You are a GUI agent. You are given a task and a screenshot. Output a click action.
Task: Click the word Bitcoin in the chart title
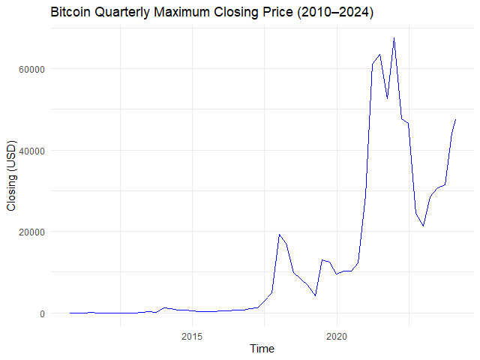tap(70, 13)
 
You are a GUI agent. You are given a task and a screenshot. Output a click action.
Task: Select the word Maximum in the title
tap(184, 13)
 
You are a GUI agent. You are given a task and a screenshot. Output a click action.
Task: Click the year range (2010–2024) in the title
tap(336, 13)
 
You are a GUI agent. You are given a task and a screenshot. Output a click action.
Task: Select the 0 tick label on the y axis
tap(41, 313)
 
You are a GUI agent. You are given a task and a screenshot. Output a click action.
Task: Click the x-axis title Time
tap(262, 349)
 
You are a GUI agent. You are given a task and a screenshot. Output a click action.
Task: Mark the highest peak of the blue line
tap(394, 38)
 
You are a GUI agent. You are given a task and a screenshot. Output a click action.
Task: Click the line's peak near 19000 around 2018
tap(279, 235)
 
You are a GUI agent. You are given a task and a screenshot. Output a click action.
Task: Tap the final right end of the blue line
tap(455, 120)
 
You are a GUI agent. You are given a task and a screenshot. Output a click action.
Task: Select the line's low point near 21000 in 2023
tap(423, 226)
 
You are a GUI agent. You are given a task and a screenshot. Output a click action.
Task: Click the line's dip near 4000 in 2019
tap(315, 295)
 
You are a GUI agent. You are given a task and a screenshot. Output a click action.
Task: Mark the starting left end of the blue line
tap(70, 313)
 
